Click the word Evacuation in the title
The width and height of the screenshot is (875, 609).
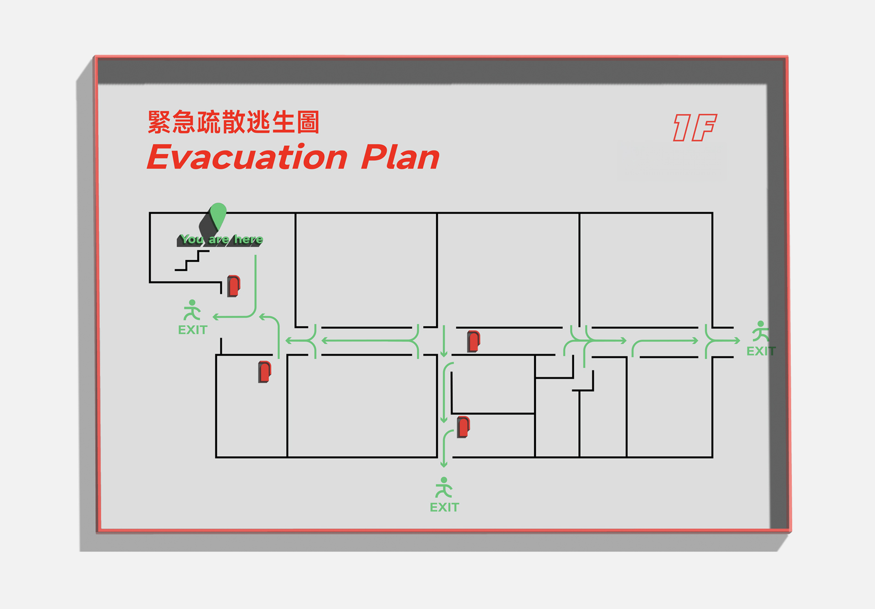[247, 157]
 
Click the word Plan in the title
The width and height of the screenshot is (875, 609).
[400, 157]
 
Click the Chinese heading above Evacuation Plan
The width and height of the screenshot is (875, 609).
[233, 122]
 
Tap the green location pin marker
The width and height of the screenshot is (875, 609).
[218, 216]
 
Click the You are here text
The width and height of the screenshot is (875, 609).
[221, 239]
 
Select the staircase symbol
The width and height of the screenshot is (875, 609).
[192, 261]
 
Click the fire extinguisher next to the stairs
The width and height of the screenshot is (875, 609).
[234, 286]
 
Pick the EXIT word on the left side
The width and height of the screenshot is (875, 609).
[192, 330]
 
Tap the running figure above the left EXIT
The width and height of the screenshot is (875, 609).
[192, 310]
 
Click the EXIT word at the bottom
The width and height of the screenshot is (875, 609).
[444, 507]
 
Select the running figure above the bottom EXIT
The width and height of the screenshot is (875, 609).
[444, 487]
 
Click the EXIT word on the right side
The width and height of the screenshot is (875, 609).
[761, 351]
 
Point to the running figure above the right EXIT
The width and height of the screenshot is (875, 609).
[761, 331]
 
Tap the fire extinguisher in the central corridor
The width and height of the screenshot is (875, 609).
[474, 341]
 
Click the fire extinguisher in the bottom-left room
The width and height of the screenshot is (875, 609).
[264, 372]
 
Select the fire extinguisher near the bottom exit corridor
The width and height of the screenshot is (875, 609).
[463, 427]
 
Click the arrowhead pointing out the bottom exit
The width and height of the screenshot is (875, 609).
[444, 465]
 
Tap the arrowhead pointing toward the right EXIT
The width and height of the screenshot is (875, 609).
[736, 341]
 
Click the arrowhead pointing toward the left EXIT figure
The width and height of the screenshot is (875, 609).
[216, 317]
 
